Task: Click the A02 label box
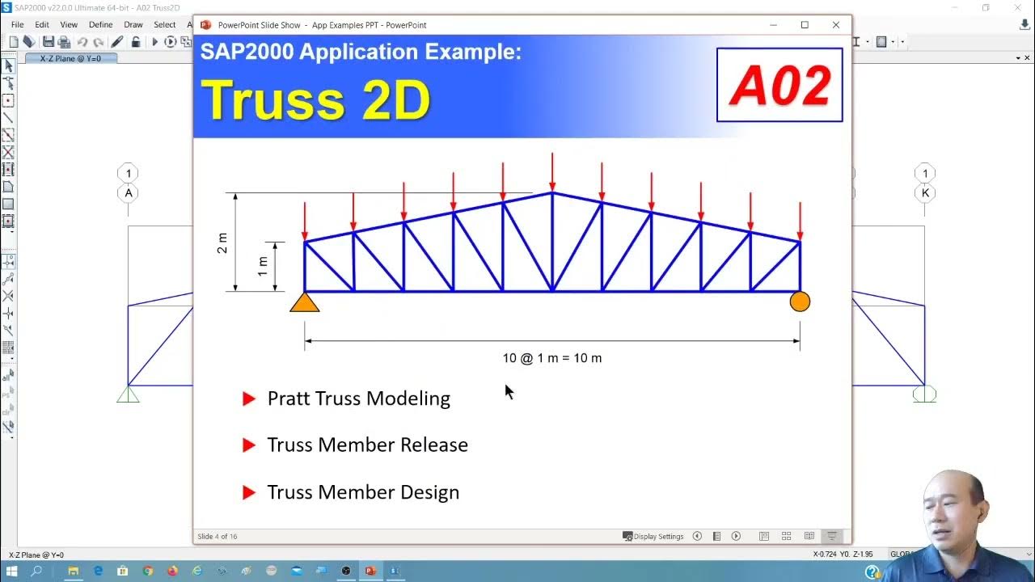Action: pos(779,85)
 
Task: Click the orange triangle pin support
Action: pos(305,303)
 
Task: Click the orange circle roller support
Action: pos(800,302)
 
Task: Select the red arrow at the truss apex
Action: pos(552,171)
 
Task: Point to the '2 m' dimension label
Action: pos(222,242)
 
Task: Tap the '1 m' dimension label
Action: pos(263,267)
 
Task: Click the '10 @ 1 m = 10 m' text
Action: pos(552,358)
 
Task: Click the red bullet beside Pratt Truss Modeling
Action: pos(249,399)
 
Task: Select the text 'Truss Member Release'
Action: pos(367,445)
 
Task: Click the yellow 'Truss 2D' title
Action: pos(315,100)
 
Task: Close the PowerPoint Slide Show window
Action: pos(836,25)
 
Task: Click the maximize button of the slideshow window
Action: pos(805,25)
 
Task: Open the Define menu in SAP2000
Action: pos(101,25)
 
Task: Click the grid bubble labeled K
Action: pos(925,193)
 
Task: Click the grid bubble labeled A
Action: pos(129,193)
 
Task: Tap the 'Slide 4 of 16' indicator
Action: pos(218,537)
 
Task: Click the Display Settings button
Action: pos(653,537)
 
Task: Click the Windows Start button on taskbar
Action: pos(11,571)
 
